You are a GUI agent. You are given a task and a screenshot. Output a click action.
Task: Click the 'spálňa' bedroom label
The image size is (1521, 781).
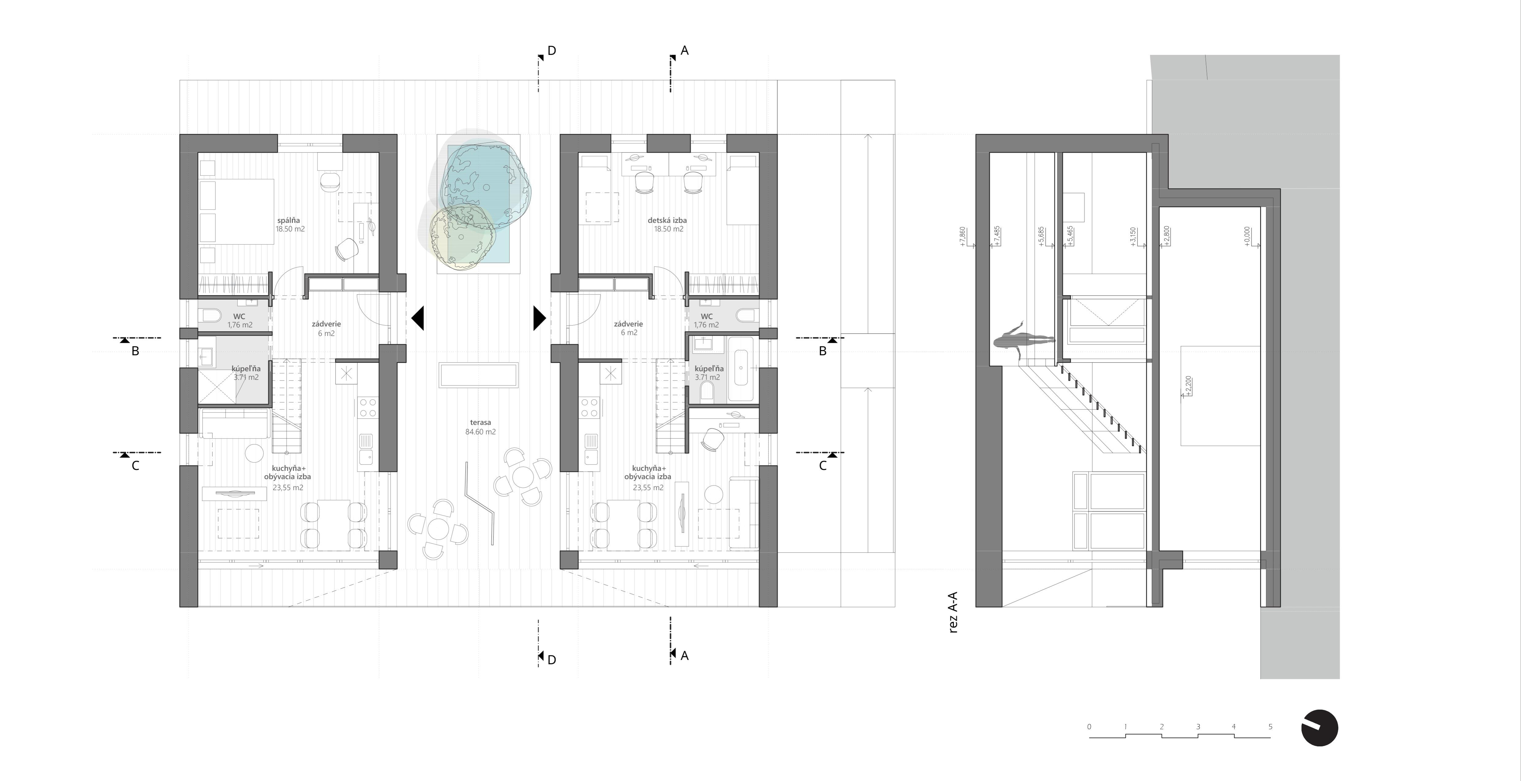[289, 220]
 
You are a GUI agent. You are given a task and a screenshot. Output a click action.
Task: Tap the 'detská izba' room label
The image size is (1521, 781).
[667, 220]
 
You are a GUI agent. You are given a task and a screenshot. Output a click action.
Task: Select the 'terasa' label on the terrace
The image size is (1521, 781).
[481, 423]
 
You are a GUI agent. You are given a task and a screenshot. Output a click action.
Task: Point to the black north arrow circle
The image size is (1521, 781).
[1320, 728]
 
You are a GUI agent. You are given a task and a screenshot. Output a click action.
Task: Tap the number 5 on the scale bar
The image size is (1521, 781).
[1270, 727]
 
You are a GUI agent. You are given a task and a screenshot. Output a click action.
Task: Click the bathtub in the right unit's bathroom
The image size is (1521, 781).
[741, 369]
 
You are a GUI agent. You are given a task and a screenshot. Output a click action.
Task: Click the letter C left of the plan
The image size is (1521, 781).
[135, 466]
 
